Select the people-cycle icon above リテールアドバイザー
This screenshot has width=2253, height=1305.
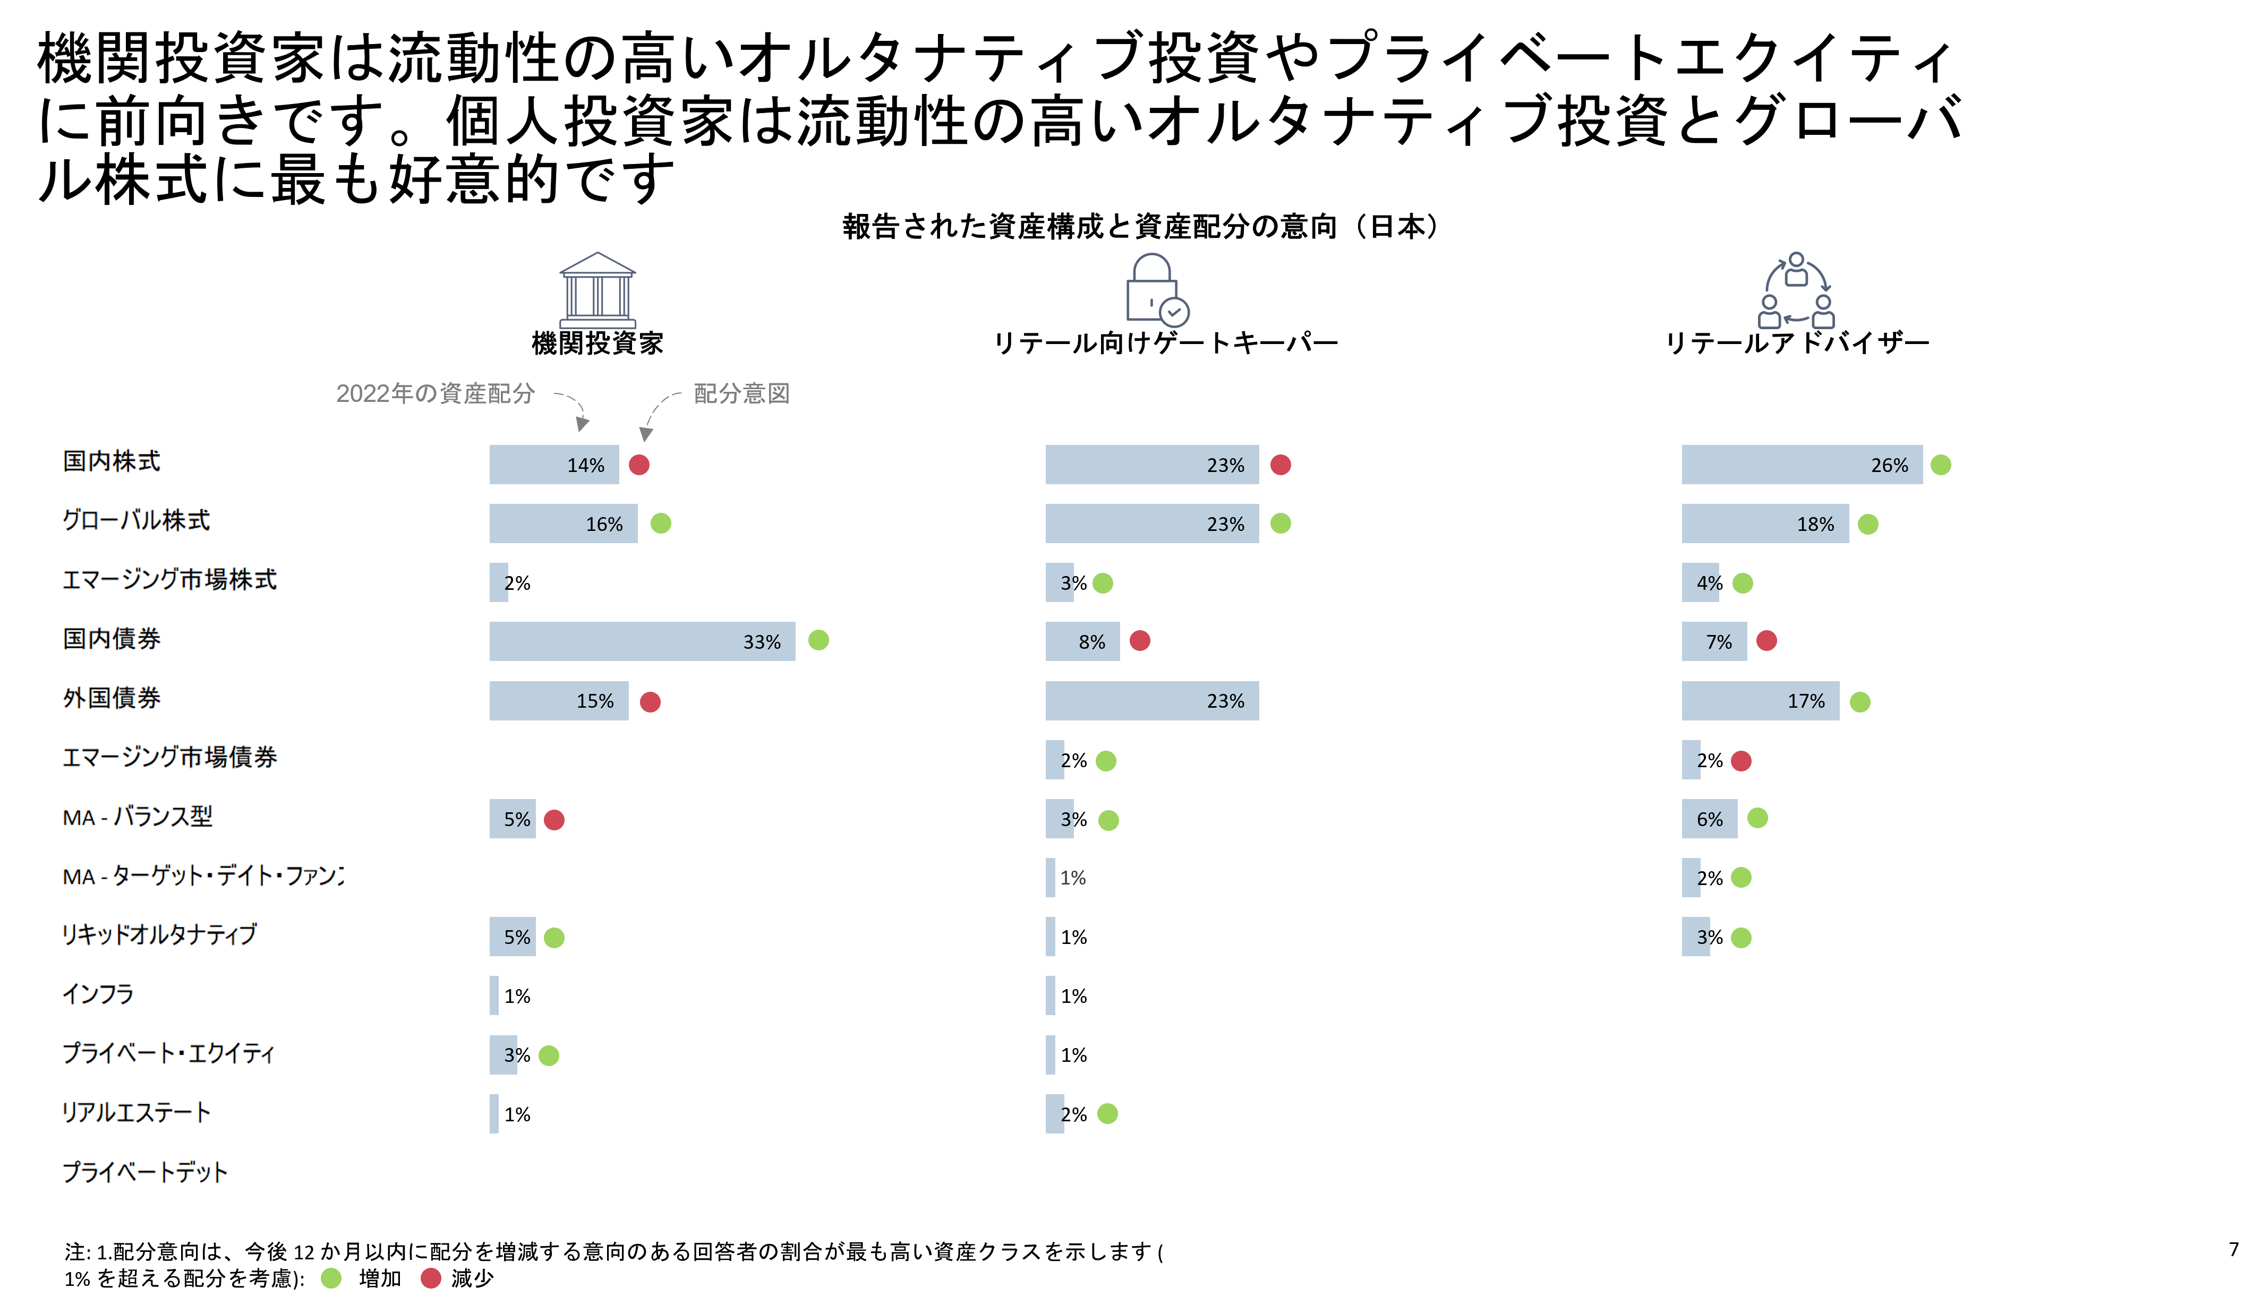tap(1796, 290)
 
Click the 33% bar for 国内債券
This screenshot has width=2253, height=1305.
tap(642, 641)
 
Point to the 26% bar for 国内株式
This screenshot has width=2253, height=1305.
tap(1802, 465)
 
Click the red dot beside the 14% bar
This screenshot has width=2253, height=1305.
tap(639, 465)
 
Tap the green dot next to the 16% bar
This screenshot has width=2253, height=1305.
tap(661, 524)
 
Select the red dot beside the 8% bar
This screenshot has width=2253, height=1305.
tap(1140, 641)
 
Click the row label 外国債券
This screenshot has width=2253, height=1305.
tap(112, 698)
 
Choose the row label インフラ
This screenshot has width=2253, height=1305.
tap(98, 994)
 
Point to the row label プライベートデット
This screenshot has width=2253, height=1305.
tap(145, 1172)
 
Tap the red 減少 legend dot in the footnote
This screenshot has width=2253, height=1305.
tap(431, 1278)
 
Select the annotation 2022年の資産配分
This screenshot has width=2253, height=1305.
tap(436, 393)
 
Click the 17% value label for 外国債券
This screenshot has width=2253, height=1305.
tap(1806, 702)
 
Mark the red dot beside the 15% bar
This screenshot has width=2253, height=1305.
tap(651, 702)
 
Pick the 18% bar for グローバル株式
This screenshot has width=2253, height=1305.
tap(1765, 524)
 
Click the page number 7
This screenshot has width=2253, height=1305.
tap(2233, 1250)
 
